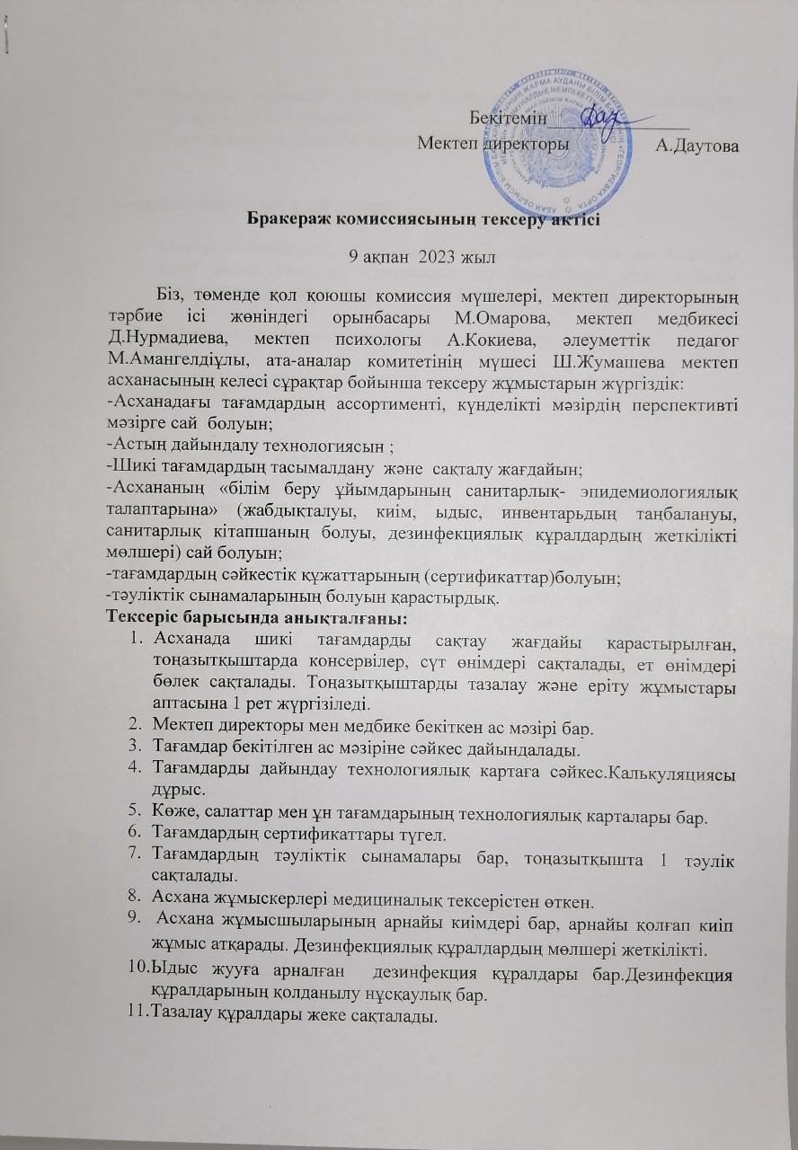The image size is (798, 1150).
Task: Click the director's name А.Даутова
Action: click(697, 144)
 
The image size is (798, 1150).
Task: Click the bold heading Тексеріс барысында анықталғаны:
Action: click(258, 618)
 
